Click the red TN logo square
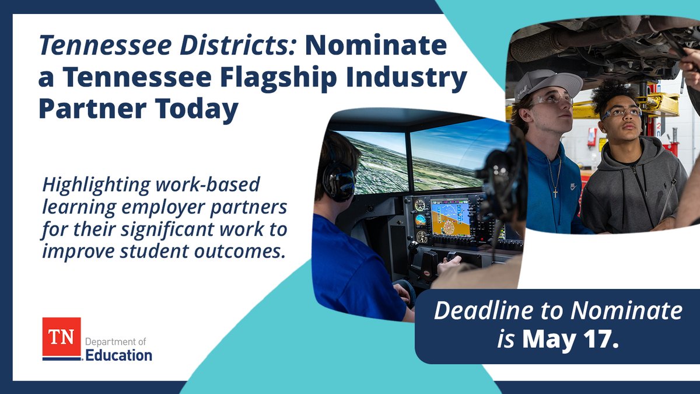[61, 337]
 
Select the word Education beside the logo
[118, 354]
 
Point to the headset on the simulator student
[338, 175]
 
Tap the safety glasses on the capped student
[551, 101]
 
